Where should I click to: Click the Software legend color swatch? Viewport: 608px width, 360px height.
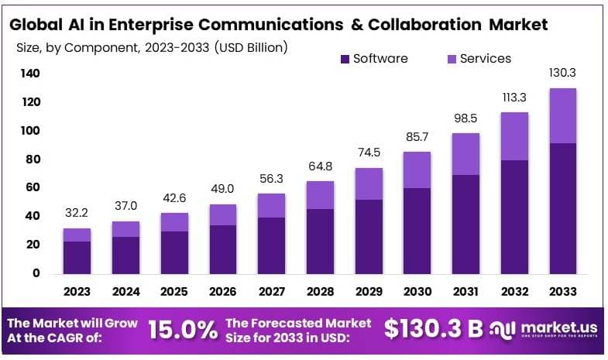345,59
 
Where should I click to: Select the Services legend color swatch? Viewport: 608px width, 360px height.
451,59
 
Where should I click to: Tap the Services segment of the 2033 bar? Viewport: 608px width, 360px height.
562,115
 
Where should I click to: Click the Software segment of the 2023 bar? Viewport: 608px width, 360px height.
77,257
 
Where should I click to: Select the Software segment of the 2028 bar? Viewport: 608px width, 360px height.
319,241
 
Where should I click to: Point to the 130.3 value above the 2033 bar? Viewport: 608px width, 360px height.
562,73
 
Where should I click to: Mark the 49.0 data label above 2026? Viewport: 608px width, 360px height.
222,189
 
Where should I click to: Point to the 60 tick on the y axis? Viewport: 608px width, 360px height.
33,187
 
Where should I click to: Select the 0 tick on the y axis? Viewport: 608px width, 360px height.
36,273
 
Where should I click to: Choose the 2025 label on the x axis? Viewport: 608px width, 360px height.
173,292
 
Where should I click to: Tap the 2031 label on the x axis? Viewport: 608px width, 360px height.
465,292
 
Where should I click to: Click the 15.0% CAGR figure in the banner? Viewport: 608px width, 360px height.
182,330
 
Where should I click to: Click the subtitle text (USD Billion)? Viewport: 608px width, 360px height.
242,47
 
